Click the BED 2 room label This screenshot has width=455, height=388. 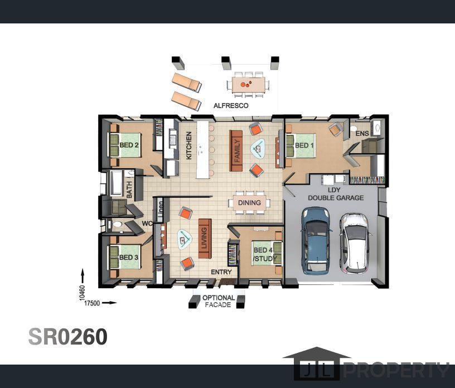click(129, 145)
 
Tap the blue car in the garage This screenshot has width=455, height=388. click(316, 241)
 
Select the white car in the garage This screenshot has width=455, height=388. click(355, 243)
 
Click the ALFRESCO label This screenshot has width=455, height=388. click(231, 105)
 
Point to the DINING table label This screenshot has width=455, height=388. click(249, 202)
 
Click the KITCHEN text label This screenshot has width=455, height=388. click(188, 145)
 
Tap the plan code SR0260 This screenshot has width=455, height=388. click(68, 337)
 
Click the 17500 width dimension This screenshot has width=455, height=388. click(92, 303)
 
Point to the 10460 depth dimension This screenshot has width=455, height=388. click(83, 293)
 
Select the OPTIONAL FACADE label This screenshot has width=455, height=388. click(219, 301)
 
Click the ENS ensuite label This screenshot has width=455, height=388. click(362, 133)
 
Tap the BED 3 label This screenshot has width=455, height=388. click(129, 258)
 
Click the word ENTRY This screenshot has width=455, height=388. click(221, 272)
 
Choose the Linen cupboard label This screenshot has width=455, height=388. click(161, 208)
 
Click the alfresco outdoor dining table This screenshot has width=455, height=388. click(248, 84)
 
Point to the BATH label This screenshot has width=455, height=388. click(129, 190)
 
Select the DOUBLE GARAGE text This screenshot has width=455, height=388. click(336, 198)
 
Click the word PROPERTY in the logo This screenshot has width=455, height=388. click(396, 370)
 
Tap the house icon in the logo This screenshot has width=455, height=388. click(317, 363)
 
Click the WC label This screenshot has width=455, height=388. click(147, 224)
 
